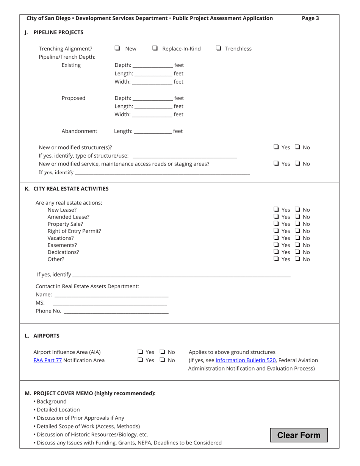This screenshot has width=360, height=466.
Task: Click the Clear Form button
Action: tap(299, 435)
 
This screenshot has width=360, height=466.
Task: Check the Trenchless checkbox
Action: tap(219, 48)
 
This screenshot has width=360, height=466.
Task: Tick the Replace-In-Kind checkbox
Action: tap(155, 48)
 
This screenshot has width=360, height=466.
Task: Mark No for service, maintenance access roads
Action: tap(298, 164)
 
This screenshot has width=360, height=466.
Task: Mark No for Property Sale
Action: tap(298, 224)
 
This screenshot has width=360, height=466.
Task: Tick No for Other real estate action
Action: tap(298, 260)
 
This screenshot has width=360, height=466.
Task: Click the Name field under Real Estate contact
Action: tap(111, 294)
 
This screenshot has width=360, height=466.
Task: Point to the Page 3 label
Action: tap(310, 18)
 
